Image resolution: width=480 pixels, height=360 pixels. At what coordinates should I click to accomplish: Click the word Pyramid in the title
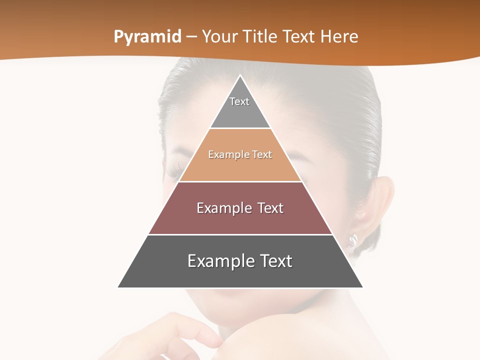point(147,37)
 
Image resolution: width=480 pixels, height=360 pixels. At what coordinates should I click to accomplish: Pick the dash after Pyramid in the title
point(191,37)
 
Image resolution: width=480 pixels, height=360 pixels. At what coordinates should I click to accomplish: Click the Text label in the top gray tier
point(239,101)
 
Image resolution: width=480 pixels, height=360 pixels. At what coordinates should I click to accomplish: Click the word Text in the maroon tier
point(270,208)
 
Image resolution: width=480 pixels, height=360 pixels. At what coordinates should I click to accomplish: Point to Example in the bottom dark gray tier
point(219,261)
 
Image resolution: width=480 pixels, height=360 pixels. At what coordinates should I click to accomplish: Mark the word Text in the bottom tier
point(276,261)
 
